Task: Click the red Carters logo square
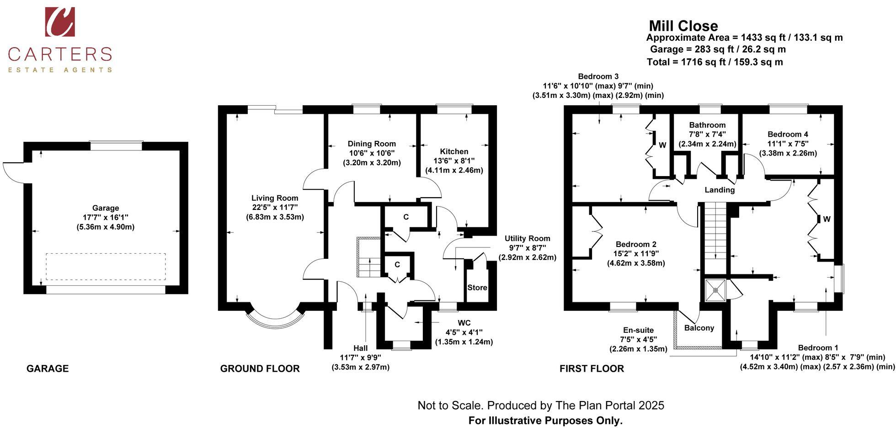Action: pyautogui.click(x=60, y=21)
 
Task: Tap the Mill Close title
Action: pyautogui.click(x=683, y=26)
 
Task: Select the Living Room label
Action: pyautogui.click(x=274, y=198)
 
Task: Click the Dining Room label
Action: pyautogui.click(x=371, y=144)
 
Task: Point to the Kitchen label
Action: pyautogui.click(x=454, y=151)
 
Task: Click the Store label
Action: pyautogui.click(x=477, y=288)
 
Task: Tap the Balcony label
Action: pyautogui.click(x=699, y=328)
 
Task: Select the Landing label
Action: pyautogui.click(x=719, y=190)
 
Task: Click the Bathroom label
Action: pyautogui.click(x=707, y=125)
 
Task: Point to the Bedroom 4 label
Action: pyautogui.click(x=787, y=134)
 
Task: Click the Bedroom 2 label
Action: pyautogui.click(x=635, y=244)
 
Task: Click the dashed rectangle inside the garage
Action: pyautogui.click(x=106, y=266)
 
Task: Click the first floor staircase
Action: pyautogui.click(x=714, y=238)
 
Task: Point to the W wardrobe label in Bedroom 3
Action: pyautogui.click(x=662, y=145)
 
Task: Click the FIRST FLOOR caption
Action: pyautogui.click(x=591, y=369)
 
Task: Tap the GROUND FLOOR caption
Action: pyautogui.click(x=260, y=369)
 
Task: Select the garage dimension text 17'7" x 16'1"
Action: pyautogui.click(x=106, y=217)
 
